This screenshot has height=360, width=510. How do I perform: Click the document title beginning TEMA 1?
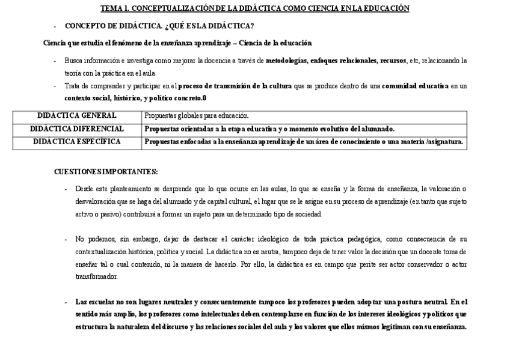click(254, 8)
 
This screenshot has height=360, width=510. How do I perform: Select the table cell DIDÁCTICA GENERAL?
click(77, 115)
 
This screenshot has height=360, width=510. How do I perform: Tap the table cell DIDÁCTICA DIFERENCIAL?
click(77, 129)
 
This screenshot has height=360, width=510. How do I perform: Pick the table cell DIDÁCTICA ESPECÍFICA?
click(77, 142)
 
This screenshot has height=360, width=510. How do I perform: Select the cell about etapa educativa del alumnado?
click(269, 129)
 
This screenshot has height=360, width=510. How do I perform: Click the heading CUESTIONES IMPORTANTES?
click(106, 171)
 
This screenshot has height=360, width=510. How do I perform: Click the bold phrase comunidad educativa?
click(415, 86)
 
